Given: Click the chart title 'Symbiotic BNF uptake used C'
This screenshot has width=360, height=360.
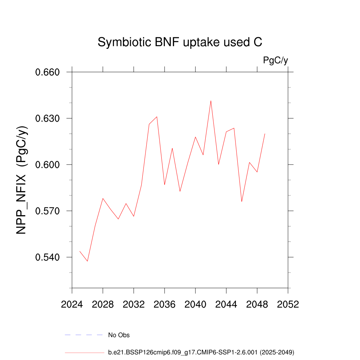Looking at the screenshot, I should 180,42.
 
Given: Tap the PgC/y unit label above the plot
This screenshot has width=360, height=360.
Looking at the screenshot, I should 276,60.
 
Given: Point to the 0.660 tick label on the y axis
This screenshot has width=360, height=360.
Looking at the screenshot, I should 48,72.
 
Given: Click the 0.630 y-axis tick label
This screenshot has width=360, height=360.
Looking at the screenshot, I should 48,118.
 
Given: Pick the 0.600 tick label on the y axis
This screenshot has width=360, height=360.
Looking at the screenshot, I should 48,165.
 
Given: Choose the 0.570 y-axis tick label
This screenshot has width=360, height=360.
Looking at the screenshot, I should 48,211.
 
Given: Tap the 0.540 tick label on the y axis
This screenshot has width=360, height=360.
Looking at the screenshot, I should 48,257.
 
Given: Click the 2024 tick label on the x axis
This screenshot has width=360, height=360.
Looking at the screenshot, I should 72,304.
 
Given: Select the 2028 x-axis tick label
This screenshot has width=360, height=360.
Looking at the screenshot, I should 103,304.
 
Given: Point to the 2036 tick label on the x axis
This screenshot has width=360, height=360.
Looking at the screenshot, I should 165,304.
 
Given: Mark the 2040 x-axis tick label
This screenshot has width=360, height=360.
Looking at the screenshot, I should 195,304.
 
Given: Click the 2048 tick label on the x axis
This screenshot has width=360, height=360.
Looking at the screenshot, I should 257,304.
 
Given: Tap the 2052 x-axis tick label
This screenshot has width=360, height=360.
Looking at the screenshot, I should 288,304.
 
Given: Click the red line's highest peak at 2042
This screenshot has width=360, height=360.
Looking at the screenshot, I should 211,101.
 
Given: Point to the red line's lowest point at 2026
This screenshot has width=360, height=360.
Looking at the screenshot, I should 88,261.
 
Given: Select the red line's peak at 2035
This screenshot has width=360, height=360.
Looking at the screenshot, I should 157,117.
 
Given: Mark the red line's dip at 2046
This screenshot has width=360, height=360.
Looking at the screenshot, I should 242,201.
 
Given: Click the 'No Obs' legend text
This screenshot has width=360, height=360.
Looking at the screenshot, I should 119,335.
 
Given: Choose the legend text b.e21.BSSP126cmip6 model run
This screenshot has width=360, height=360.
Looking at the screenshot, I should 201,352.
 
